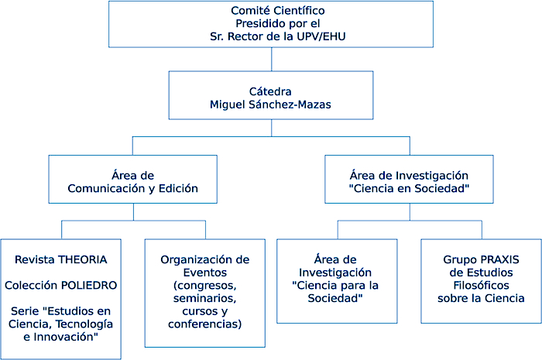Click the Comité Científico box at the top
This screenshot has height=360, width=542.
pos(270,24)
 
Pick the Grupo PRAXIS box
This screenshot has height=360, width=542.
pos(481,279)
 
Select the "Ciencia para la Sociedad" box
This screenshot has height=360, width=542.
pos(337,279)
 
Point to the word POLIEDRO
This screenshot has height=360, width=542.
pos(87,285)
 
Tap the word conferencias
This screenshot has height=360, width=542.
pos(205,324)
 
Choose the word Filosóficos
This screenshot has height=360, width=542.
pos(481,285)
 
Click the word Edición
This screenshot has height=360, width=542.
pos(177,189)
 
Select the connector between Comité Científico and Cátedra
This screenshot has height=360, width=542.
pos(270,60)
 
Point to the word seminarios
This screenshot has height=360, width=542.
pos(206,298)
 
